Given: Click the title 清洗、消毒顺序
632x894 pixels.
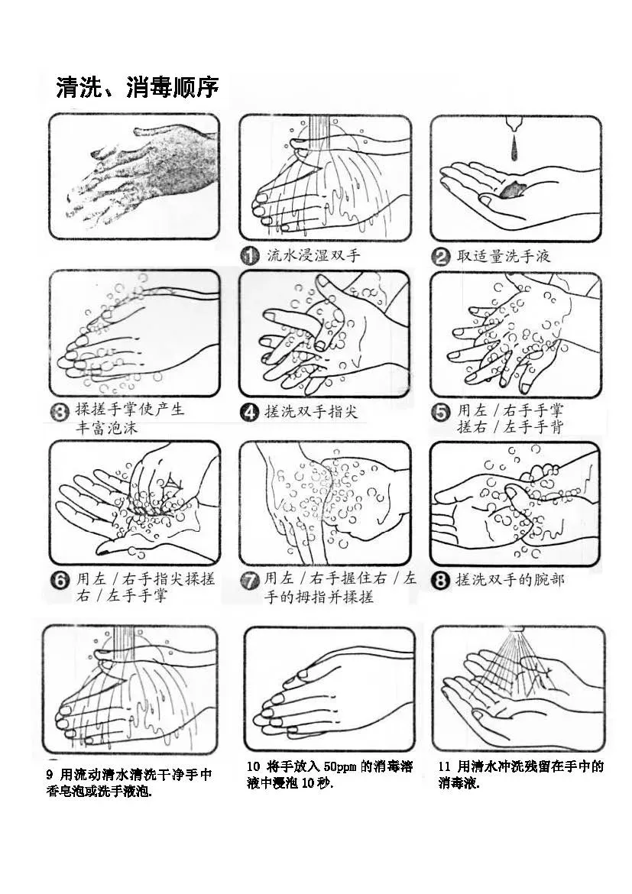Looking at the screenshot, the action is [138, 88].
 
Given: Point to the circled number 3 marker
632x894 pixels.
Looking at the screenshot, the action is [59, 410].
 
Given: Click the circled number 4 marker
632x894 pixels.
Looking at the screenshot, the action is [249, 412].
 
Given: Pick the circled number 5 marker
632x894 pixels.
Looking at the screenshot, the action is [440, 412].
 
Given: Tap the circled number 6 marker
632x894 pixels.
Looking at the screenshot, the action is [60, 581].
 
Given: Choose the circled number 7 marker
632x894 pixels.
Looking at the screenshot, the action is [250, 581].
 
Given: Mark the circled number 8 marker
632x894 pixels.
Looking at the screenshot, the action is [440, 581].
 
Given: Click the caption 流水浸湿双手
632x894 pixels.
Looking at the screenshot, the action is [314, 255].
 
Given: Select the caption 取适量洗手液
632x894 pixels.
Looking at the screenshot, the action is [504, 256].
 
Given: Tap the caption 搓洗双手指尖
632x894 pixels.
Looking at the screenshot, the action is [311, 411].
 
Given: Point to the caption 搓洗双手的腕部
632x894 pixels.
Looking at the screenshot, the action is [510, 580].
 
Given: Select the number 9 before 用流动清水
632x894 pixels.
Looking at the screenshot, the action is [50, 775].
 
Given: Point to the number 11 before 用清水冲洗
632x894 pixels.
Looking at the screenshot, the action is [444, 767].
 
